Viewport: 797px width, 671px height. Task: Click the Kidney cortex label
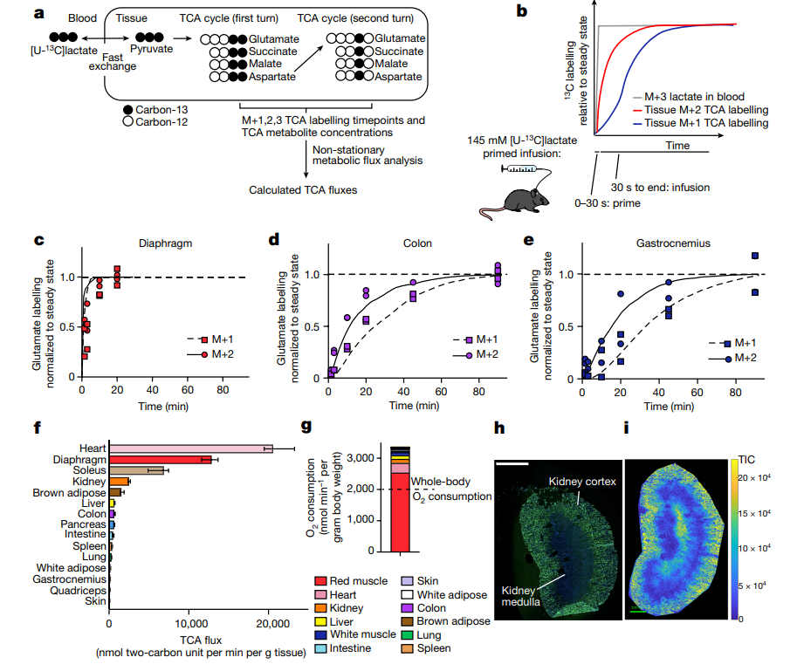[581, 481]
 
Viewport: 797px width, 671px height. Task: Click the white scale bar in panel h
[512, 465]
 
